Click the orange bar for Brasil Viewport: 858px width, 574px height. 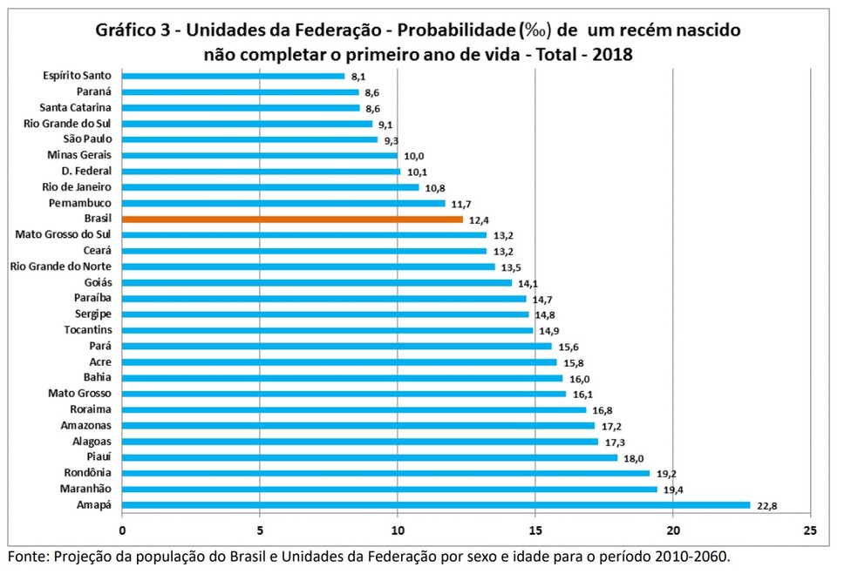pyautogui.click(x=292, y=219)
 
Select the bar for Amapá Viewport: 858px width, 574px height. pyautogui.click(x=436, y=505)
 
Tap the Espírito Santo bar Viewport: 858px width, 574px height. pyautogui.click(x=233, y=76)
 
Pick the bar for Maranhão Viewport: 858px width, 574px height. pyautogui.click(x=390, y=490)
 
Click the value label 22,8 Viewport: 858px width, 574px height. pyautogui.click(x=766, y=506)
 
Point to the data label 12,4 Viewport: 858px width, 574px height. pyautogui.click(x=479, y=220)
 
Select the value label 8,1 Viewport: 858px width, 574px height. pyautogui.click(x=358, y=77)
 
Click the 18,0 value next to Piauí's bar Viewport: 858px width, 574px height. pyautogui.click(x=634, y=459)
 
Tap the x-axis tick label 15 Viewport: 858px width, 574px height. pyautogui.click(x=535, y=530)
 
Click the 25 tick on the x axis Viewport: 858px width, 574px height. pyautogui.click(x=810, y=530)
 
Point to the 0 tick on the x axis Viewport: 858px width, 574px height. pyautogui.click(x=122, y=530)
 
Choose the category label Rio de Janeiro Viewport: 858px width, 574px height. pyautogui.click(x=77, y=187)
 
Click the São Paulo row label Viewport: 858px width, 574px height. pyautogui.click(x=87, y=138)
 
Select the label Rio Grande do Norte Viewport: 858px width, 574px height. pyautogui.click(x=61, y=267)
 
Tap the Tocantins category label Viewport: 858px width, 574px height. pyautogui.click(x=88, y=329)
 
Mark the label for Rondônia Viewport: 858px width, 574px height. pyautogui.click(x=87, y=472)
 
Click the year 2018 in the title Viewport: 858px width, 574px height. pyautogui.click(x=612, y=54)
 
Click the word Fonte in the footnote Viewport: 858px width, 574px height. pyautogui.click(x=27, y=557)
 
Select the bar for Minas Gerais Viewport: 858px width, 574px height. pyautogui.click(x=260, y=156)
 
